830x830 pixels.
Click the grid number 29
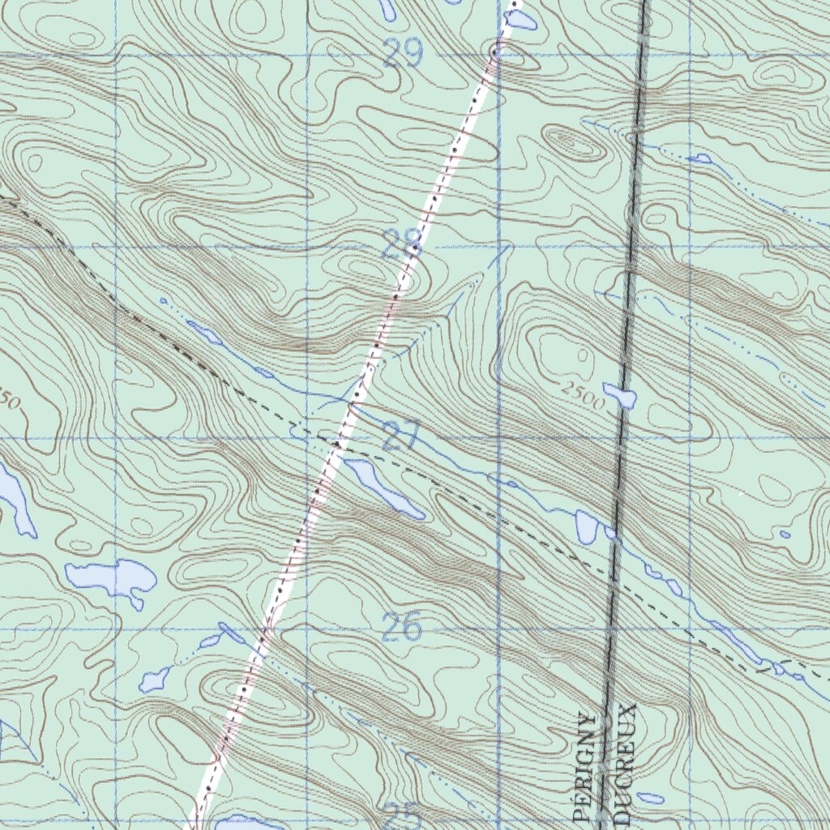tap(403, 54)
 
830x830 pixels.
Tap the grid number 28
tap(401, 246)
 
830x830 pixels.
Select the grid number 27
tap(401, 437)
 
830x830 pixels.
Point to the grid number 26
tap(402, 627)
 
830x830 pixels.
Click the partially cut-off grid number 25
tap(401, 815)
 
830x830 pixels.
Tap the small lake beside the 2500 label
tap(620, 396)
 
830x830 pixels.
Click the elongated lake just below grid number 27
tap(383, 488)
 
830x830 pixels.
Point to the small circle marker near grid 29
tap(494, 52)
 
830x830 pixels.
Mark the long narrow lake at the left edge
tap(15, 498)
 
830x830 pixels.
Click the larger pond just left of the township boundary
tap(587, 527)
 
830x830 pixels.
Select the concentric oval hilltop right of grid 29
tap(576, 143)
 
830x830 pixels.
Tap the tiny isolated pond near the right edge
tap(784, 534)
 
